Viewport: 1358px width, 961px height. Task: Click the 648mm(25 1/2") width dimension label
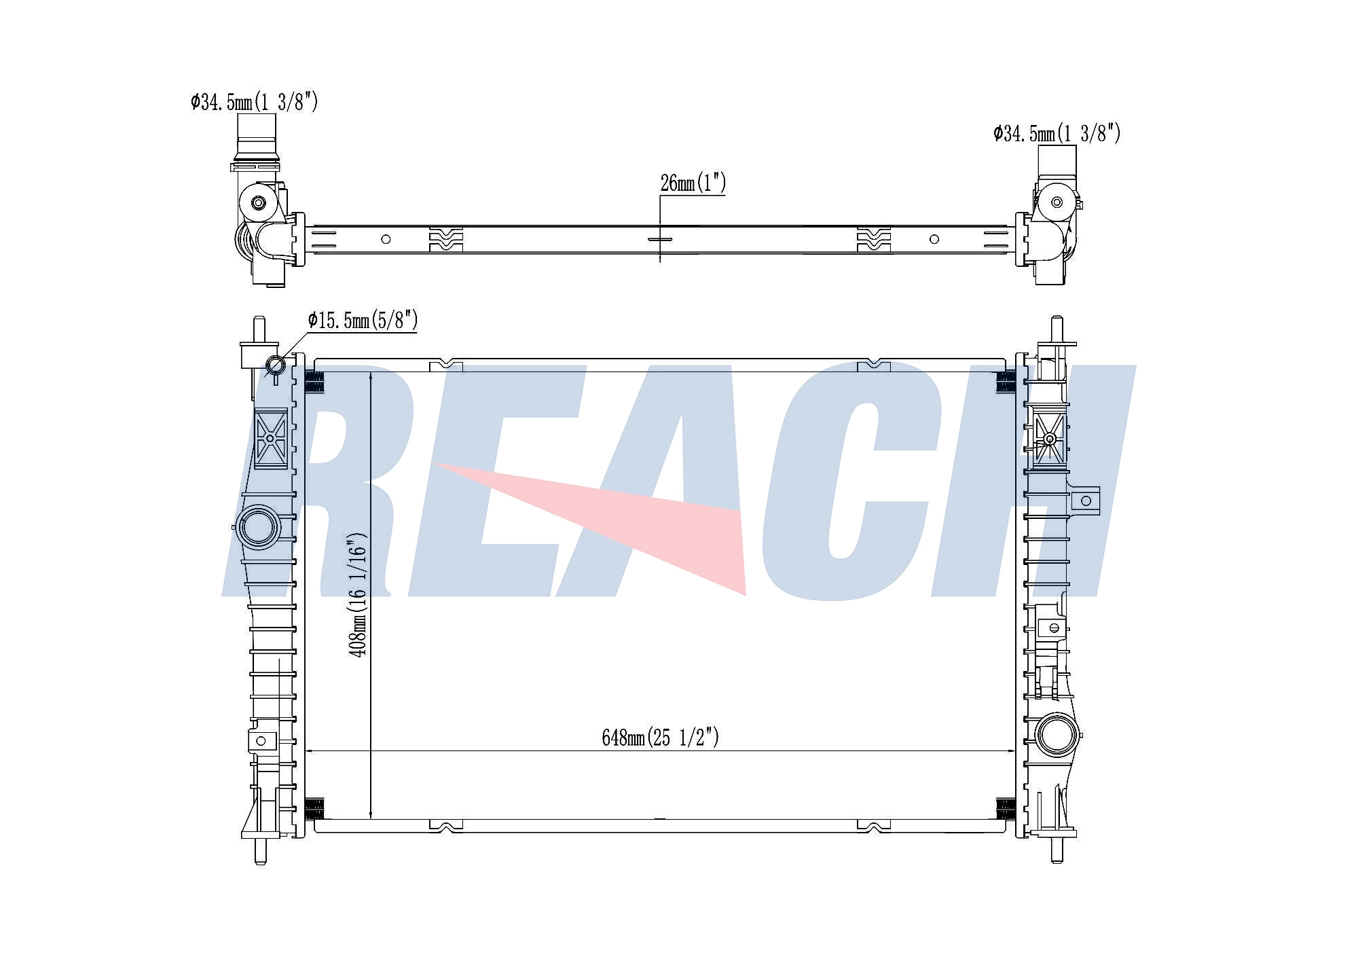[660, 737]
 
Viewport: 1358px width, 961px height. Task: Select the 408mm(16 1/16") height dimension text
[358, 594]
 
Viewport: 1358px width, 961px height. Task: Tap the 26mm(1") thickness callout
[693, 183]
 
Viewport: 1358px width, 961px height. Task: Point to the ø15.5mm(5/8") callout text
[363, 320]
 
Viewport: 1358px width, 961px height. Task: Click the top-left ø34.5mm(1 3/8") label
[255, 102]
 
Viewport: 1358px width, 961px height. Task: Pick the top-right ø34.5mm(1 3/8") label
[1057, 133]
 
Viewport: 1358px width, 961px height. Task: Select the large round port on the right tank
[1057, 735]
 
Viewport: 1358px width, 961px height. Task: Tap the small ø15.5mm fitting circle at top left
[275, 365]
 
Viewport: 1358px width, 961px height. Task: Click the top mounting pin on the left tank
[259, 330]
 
